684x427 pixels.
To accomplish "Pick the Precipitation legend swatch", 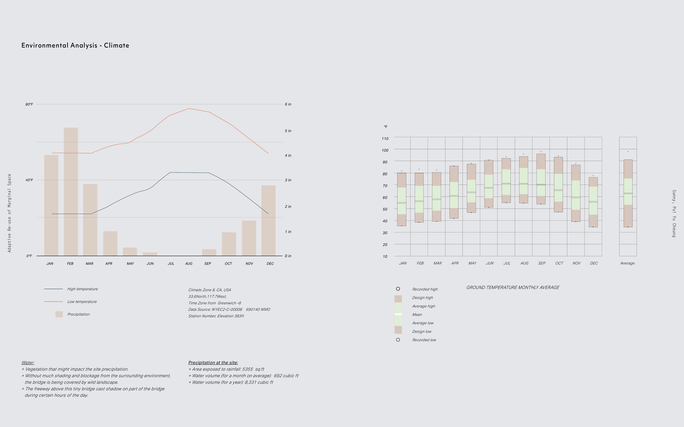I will (x=59, y=314).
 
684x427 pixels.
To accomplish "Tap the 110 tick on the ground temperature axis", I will (x=385, y=139).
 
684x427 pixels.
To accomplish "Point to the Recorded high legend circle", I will (x=398, y=289).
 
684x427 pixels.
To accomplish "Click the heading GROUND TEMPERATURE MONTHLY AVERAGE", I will (x=513, y=288).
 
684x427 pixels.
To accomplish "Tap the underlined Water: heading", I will (x=28, y=363).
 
